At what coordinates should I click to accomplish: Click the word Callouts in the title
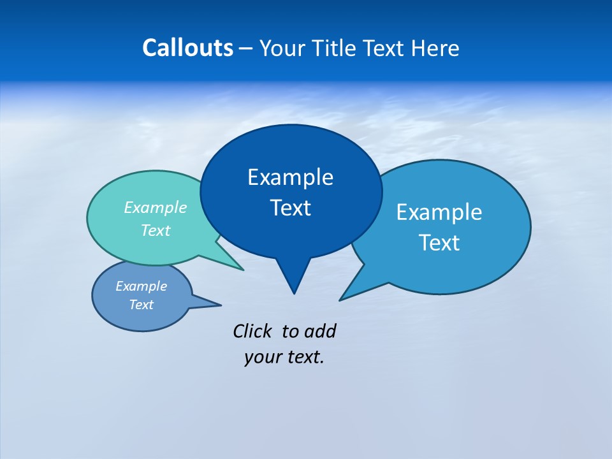(187, 48)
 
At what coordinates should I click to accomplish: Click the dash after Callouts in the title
(246, 49)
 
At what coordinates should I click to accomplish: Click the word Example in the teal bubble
(155, 208)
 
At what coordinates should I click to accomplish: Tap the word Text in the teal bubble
(155, 230)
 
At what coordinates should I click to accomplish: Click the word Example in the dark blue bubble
(290, 177)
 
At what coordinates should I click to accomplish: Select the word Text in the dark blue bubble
(290, 208)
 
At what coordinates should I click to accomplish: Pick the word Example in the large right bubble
(439, 212)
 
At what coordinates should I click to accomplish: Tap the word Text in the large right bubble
(439, 243)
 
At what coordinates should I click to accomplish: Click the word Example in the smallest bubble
(141, 286)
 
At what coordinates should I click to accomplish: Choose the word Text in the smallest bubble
(141, 305)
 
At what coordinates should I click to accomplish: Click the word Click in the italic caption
(254, 331)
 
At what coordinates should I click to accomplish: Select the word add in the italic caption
(320, 331)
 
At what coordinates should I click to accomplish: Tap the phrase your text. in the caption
(284, 357)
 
